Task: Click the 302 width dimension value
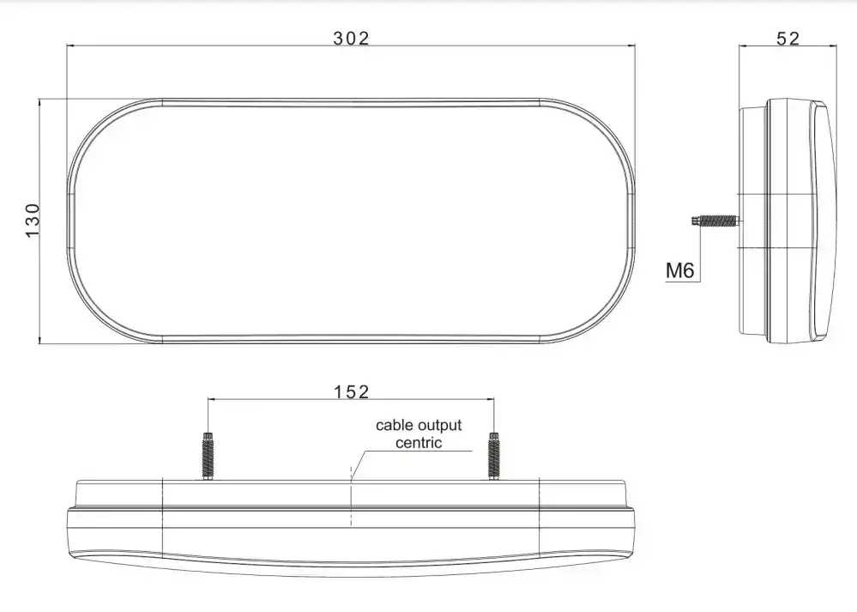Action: (x=351, y=39)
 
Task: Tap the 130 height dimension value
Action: (x=33, y=221)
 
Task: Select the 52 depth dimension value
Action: (x=788, y=39)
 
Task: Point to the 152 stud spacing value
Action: (x=352, y=391)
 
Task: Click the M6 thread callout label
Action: (x=680, y=270)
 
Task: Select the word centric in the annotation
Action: (x=419, y=442)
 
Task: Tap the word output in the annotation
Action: (x=439, y=426)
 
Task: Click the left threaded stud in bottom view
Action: (x=208, y=456)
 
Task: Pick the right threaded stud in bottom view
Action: (x=494, y=456)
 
